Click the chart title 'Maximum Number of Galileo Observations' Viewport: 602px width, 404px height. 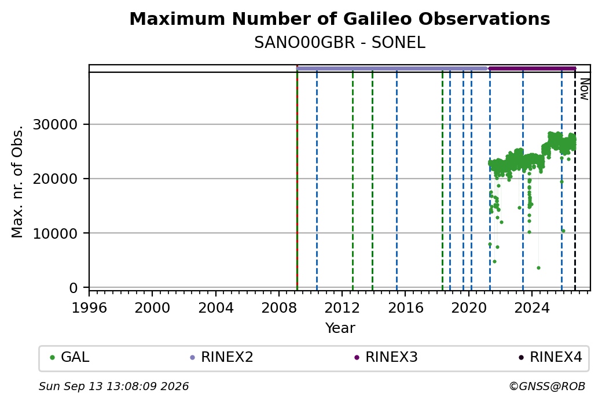[340, 18]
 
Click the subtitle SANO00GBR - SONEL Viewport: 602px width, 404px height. [340, 43]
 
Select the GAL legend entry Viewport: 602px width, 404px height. [69, 357]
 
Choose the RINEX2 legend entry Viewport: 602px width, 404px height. [222, 357]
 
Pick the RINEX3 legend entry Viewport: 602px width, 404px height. [386, 357]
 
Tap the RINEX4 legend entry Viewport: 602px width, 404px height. [550, 357]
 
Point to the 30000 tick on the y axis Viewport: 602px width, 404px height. [56, 125]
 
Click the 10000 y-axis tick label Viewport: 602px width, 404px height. [56, 233]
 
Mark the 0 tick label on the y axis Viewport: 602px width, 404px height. [74, 288]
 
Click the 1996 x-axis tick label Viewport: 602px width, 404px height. [89, 307]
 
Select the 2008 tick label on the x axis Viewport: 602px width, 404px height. [279, 307]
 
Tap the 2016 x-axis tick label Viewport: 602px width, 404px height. [405, 307]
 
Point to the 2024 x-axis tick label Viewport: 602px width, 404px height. [532, 307]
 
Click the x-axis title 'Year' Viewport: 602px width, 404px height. [340, 328]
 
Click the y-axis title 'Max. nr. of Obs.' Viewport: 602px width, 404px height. [17, 181]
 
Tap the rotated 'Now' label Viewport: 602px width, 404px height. [584, 89]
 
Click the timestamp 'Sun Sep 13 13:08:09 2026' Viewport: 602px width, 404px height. [113, 386]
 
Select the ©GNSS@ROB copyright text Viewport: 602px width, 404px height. [547, 386]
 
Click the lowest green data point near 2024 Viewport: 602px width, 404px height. [539, 268]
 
